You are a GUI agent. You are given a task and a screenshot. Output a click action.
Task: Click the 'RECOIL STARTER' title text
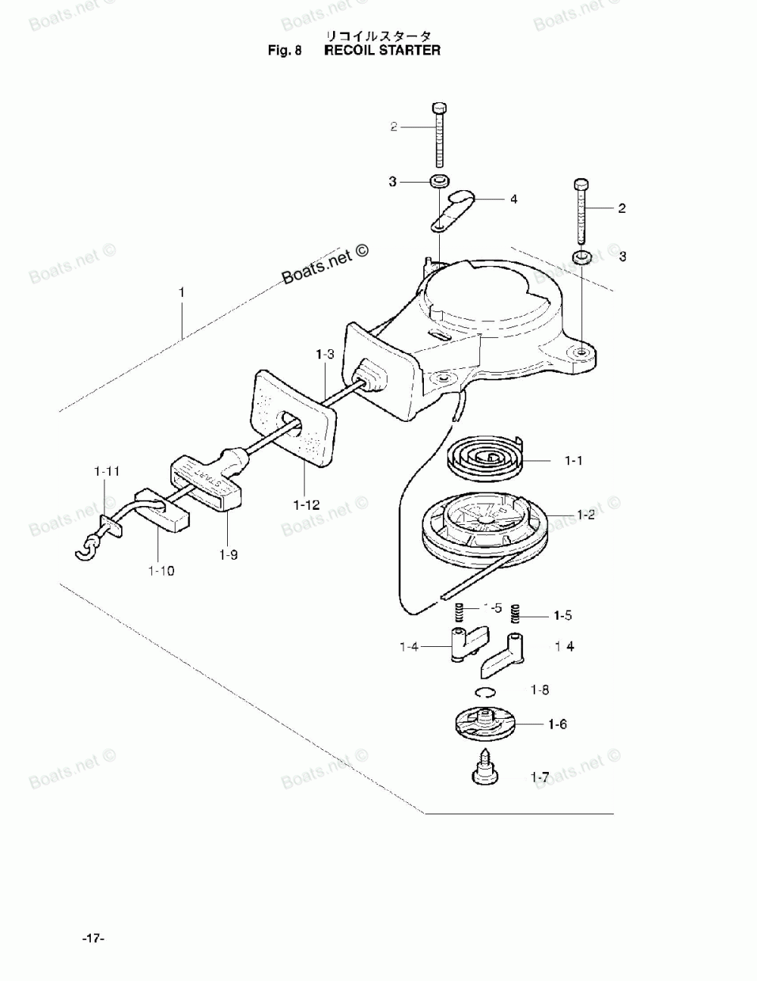pos(382,51)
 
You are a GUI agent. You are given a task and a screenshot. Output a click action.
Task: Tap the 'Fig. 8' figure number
pos(285,51)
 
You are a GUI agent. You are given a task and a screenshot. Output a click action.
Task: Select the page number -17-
pos(93,939)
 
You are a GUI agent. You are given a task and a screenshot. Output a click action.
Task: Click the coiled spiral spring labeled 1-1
pos(484,458)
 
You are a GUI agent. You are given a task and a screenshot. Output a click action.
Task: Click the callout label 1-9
pos(228,555)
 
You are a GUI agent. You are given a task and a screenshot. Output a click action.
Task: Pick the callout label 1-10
pos(160,570)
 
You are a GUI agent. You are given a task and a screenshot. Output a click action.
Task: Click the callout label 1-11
pos(107,471)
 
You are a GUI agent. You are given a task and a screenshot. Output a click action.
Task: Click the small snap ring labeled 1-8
pos(485,690)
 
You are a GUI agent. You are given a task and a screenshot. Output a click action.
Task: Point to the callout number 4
pos(513,199)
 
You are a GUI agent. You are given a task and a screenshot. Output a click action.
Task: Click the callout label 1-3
pos(325,354)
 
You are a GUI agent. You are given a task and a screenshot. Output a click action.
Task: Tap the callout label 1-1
pos(573,460)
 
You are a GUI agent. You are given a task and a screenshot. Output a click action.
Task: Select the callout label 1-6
pos(557,724)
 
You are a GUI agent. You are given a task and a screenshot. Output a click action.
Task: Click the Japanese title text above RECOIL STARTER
pos(378,36)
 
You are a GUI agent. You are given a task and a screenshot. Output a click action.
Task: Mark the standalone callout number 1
pos(181,291)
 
